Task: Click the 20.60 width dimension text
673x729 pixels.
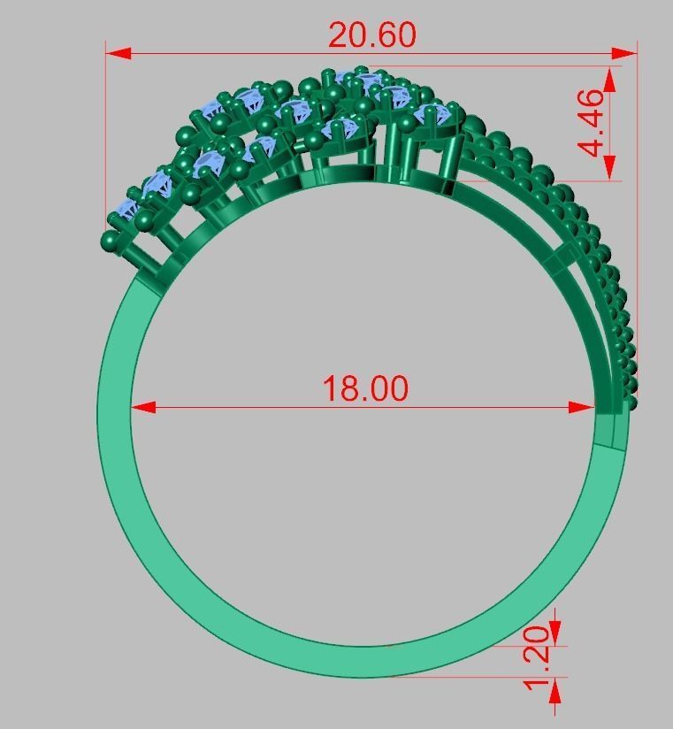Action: [x=371, y=35]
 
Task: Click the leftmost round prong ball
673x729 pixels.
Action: [x=111, y=241]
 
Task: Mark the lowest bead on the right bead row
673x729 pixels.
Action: [x=631, y=404]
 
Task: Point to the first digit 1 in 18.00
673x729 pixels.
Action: [x=330, y=388]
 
